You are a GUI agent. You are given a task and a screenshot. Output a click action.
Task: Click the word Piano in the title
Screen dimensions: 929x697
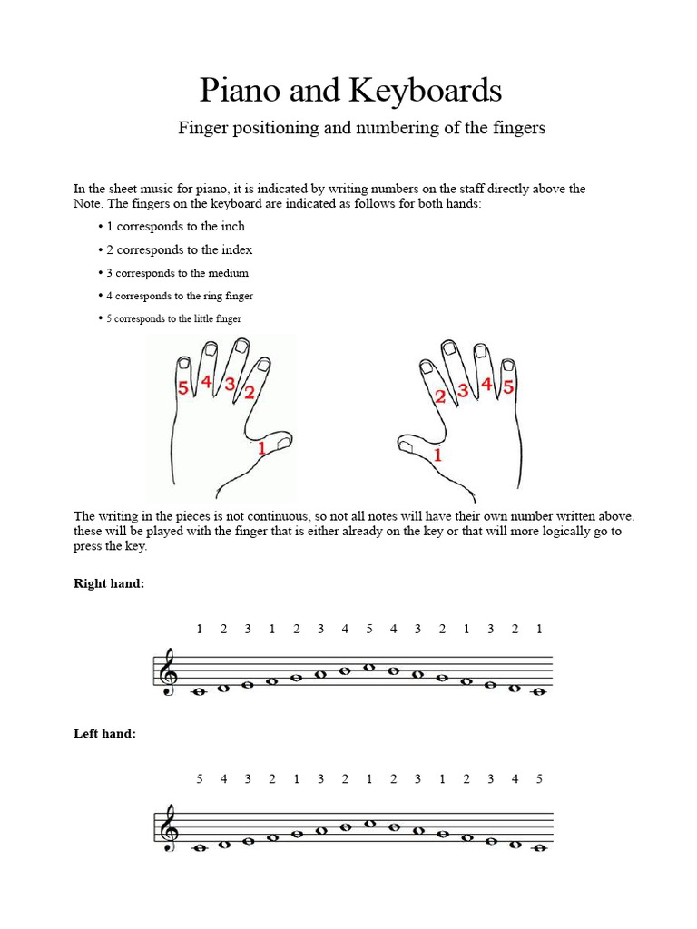240,92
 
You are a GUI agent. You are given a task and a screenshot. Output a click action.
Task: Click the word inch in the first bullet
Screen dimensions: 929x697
232,227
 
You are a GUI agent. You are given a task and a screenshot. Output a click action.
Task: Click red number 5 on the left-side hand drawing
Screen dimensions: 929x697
183,388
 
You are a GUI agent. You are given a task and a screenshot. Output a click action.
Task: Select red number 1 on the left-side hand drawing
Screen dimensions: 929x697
261,447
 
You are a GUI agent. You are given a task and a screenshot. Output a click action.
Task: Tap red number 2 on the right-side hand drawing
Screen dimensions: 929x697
440,396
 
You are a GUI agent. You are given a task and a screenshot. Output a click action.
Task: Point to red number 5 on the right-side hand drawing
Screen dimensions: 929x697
508,387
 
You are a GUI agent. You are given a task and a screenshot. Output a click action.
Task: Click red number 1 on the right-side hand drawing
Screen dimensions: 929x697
437,455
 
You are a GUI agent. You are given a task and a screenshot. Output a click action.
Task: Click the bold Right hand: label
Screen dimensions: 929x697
109,584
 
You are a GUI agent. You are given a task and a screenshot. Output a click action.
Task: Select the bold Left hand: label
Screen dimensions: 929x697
105,734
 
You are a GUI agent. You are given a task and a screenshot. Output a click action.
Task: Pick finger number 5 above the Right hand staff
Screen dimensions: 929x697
369,629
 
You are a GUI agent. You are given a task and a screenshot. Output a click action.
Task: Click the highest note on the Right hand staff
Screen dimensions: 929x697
369,668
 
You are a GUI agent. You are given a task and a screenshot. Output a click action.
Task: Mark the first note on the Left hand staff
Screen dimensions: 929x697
200,848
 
